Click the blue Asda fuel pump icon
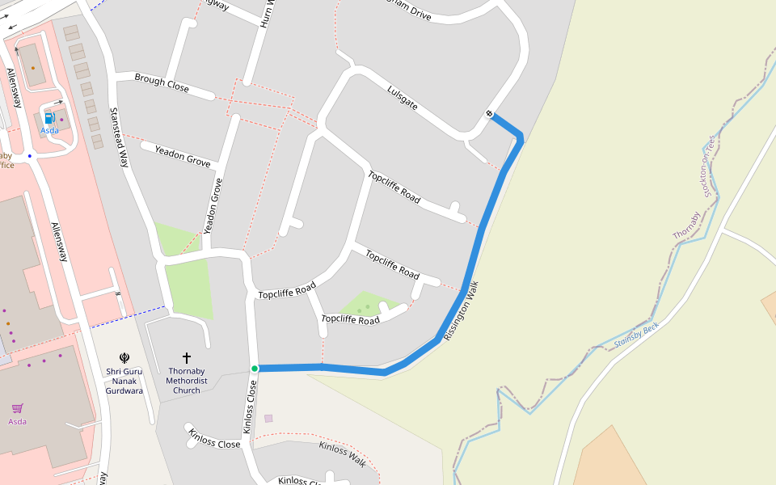[x=48, y=119]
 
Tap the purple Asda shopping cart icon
[x=17, y=408]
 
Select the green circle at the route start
[x=254, y=369]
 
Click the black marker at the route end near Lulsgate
[x=490, y=113]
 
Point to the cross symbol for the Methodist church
[x=187, y=356]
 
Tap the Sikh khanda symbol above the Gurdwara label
[x=124, y=357]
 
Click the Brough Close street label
[x=162, y=82]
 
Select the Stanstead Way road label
[x=119, y=137]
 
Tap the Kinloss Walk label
[x=342, y=453]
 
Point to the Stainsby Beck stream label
[x=637, y=335]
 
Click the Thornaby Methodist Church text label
[x=187, y=381]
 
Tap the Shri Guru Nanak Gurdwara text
[x=124, y=381]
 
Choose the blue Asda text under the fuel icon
[x=49, y=130]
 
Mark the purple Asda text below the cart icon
[x=17, y=421]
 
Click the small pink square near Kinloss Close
[x=268, y=418]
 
